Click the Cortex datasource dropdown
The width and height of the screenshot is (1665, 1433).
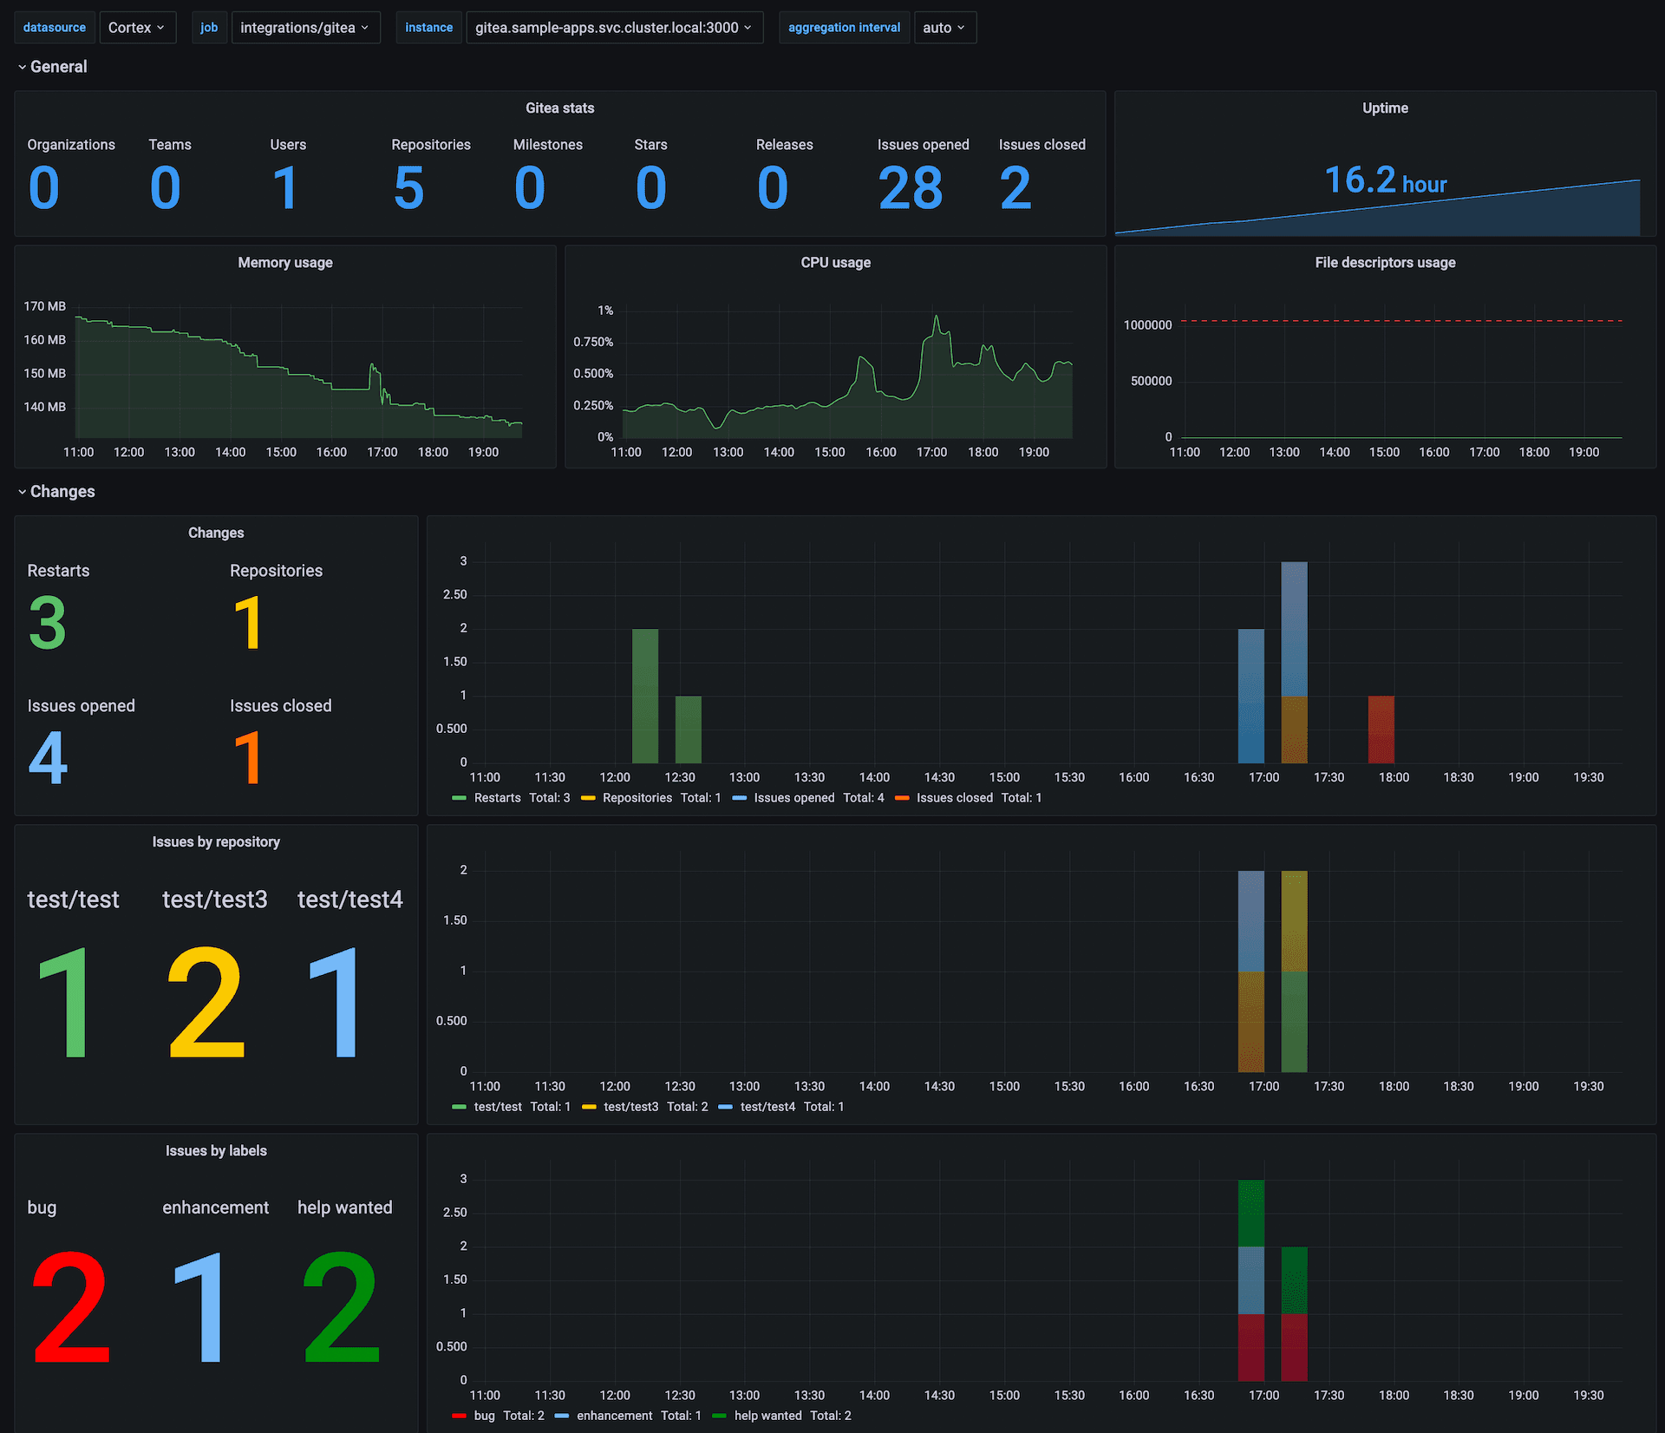point(137,28)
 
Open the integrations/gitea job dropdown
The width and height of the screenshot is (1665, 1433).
point(305,28)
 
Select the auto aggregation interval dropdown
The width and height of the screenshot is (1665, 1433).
point(944,28)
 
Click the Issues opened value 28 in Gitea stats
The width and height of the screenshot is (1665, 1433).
point(910,188)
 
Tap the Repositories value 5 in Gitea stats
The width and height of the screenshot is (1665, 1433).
point(408,188)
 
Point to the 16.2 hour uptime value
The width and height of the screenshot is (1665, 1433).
point(1385,180)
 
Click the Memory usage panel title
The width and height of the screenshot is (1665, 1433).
point(285,263)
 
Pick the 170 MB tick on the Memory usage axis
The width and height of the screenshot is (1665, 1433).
point(45,306)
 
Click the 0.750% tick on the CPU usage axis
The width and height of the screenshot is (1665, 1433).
point(593,342)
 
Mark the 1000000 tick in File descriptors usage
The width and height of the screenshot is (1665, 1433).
point(1147,325)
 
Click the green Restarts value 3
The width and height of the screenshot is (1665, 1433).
point(48,622)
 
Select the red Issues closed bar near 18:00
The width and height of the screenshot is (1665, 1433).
point(1381,729)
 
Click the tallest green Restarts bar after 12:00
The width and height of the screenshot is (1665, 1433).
point(645,696)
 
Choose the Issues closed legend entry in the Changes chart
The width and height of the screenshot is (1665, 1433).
point(954,798)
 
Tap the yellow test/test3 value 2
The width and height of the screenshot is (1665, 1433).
point(206,1003)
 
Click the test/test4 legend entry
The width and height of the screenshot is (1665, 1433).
point(767,1107)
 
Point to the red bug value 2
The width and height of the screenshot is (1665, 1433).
point(71,1307)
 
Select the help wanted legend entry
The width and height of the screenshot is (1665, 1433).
point(767,1416)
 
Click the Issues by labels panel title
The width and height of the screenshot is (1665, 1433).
point(216,1151)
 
